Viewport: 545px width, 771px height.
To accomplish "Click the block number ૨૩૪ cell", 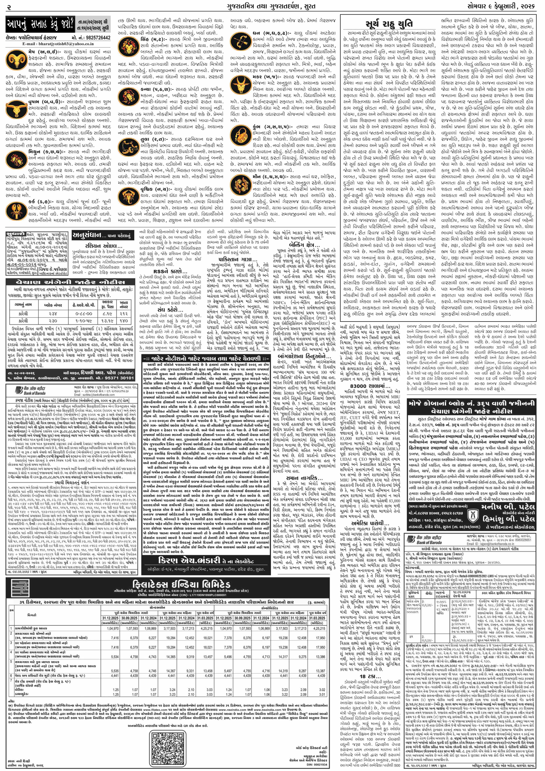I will point(53,314).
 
